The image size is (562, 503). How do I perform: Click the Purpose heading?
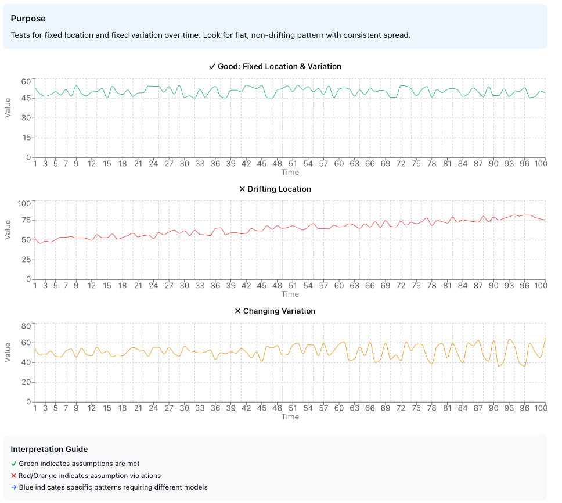28,19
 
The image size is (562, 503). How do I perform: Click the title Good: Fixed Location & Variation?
275,66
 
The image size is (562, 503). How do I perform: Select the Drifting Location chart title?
275,189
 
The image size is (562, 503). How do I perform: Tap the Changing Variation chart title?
275,311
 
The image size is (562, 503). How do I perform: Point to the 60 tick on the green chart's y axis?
26,81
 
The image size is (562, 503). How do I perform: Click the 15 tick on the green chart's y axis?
26,138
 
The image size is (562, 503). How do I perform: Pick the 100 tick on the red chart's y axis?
24,203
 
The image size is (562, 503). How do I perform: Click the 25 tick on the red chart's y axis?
26,260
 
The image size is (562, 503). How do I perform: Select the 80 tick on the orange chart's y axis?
26,326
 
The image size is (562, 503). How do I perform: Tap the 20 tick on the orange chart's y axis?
26,382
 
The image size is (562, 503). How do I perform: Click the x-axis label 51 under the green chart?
293,164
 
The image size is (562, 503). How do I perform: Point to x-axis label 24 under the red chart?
153,286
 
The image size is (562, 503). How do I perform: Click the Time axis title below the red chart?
290,294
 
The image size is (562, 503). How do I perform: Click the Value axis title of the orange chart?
8,352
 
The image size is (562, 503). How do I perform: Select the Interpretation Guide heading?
49,449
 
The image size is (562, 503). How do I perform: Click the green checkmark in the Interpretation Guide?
13,464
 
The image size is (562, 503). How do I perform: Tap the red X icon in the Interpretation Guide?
13,475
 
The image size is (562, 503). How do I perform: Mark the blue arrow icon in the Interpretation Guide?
13,487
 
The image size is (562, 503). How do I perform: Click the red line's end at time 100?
545,220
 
